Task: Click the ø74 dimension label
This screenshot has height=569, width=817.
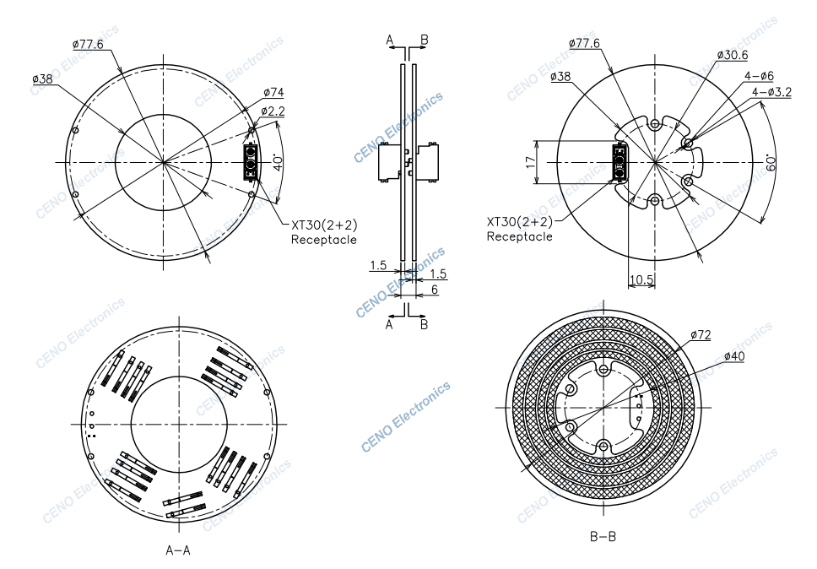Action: coord(273,92)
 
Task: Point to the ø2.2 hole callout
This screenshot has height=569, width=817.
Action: coord(272,111)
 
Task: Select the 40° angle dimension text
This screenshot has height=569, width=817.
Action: coord(279,161)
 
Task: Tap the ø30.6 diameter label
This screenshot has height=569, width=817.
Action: coord(732,55)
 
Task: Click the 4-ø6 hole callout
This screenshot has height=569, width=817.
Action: coord(759,76)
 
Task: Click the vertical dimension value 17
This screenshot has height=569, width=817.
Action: coord(531,161)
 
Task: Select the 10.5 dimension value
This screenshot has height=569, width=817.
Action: coord(641,279)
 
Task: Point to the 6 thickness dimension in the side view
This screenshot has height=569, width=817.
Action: coord(435,290)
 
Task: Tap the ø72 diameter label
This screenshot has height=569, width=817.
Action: coord(700,335)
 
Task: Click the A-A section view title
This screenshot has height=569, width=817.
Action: coord(178,550)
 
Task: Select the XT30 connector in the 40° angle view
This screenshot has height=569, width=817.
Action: coord(251,161)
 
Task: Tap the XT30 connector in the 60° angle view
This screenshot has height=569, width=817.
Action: coord(620,161)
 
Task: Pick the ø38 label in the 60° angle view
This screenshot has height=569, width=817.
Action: coord(560,77)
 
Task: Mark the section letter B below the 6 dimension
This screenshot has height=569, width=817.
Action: coord(424,324)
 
